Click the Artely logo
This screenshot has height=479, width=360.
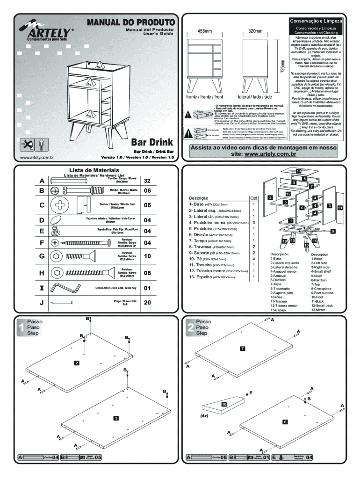(46, 33)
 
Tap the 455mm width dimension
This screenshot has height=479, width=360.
(204, 31)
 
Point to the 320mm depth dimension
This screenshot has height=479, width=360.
(255, 31)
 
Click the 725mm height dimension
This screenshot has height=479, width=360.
(282, 66)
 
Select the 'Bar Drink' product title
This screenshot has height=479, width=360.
(152, 142)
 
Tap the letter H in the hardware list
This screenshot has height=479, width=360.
(42, 272)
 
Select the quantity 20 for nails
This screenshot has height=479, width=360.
(147, 303)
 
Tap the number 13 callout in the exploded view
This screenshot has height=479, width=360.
(298, 172)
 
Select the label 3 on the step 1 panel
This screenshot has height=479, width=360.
(115, 417)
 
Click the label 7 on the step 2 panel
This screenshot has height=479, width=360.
(242, 348)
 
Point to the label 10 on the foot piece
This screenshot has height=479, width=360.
(224, 404)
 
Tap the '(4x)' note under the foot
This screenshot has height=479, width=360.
(204, 415)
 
